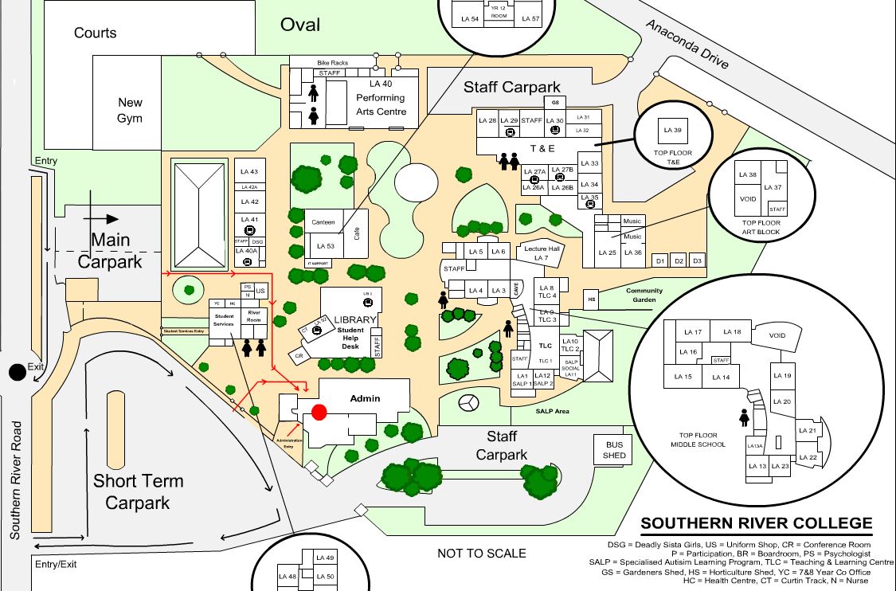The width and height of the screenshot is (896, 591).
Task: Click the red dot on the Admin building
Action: pyautogui.click(x=319, y=412)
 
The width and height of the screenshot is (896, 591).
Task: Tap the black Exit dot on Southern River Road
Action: pyautogui.click(x=17, y=372)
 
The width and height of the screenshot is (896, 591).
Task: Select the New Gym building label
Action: pyautogui.click(x=130, y=110)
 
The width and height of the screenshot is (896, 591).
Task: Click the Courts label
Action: pyautogui.click(x=95, y=33)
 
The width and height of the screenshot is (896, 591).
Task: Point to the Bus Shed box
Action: pyautogui.click(x=614, y=450)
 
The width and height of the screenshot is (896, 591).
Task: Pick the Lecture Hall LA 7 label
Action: pyautogui.click(x=542, y=253)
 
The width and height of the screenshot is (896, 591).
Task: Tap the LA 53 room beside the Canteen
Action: pyautogui.click(x=325, y=246)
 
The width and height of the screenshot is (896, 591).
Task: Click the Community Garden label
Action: pyautogui.click(x=644, y=295)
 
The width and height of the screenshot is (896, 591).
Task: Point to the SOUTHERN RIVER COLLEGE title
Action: pyautogui.click(x=757, y=524)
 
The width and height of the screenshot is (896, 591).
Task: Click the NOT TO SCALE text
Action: pyautogui.click(x=481, y=553)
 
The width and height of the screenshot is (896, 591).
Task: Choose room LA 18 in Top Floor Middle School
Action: pyautogui.click(x=730, y=332)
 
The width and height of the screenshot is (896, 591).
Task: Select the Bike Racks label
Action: pyautogui.click(x=333, y=62)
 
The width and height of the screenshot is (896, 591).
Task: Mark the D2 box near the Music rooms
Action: pyautogui.click(x=678, y=260)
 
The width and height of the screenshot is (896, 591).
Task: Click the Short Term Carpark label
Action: pyautogui.click(x=138, y=491)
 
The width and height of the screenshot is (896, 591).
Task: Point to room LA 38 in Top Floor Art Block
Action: pyautogui.click(x=747, y=175)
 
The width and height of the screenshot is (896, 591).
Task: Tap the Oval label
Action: pyautogui.click(x=299, y=25)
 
